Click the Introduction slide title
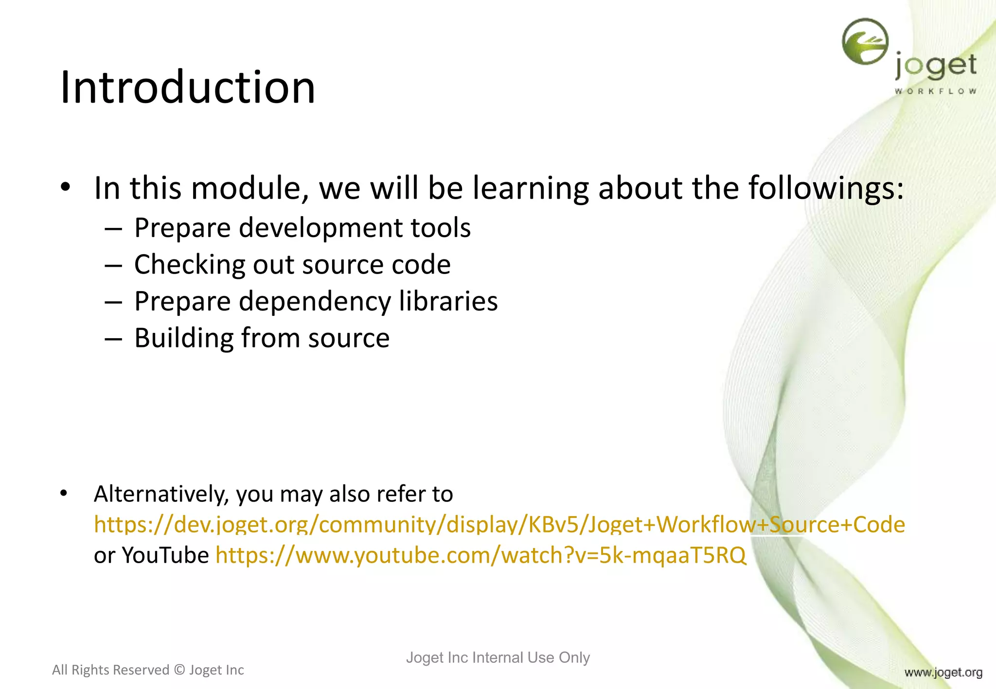[188, 87]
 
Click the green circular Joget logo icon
[865, 41]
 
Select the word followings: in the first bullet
[826, 189]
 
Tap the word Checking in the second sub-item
[189, 265]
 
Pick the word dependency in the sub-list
[315, 302]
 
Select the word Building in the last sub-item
[184, 338]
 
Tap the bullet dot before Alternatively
[64, 494]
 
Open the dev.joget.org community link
[499, 525]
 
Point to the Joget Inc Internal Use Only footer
[498, 657]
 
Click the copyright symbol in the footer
[179, 670]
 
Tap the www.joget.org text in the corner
[943, 672]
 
